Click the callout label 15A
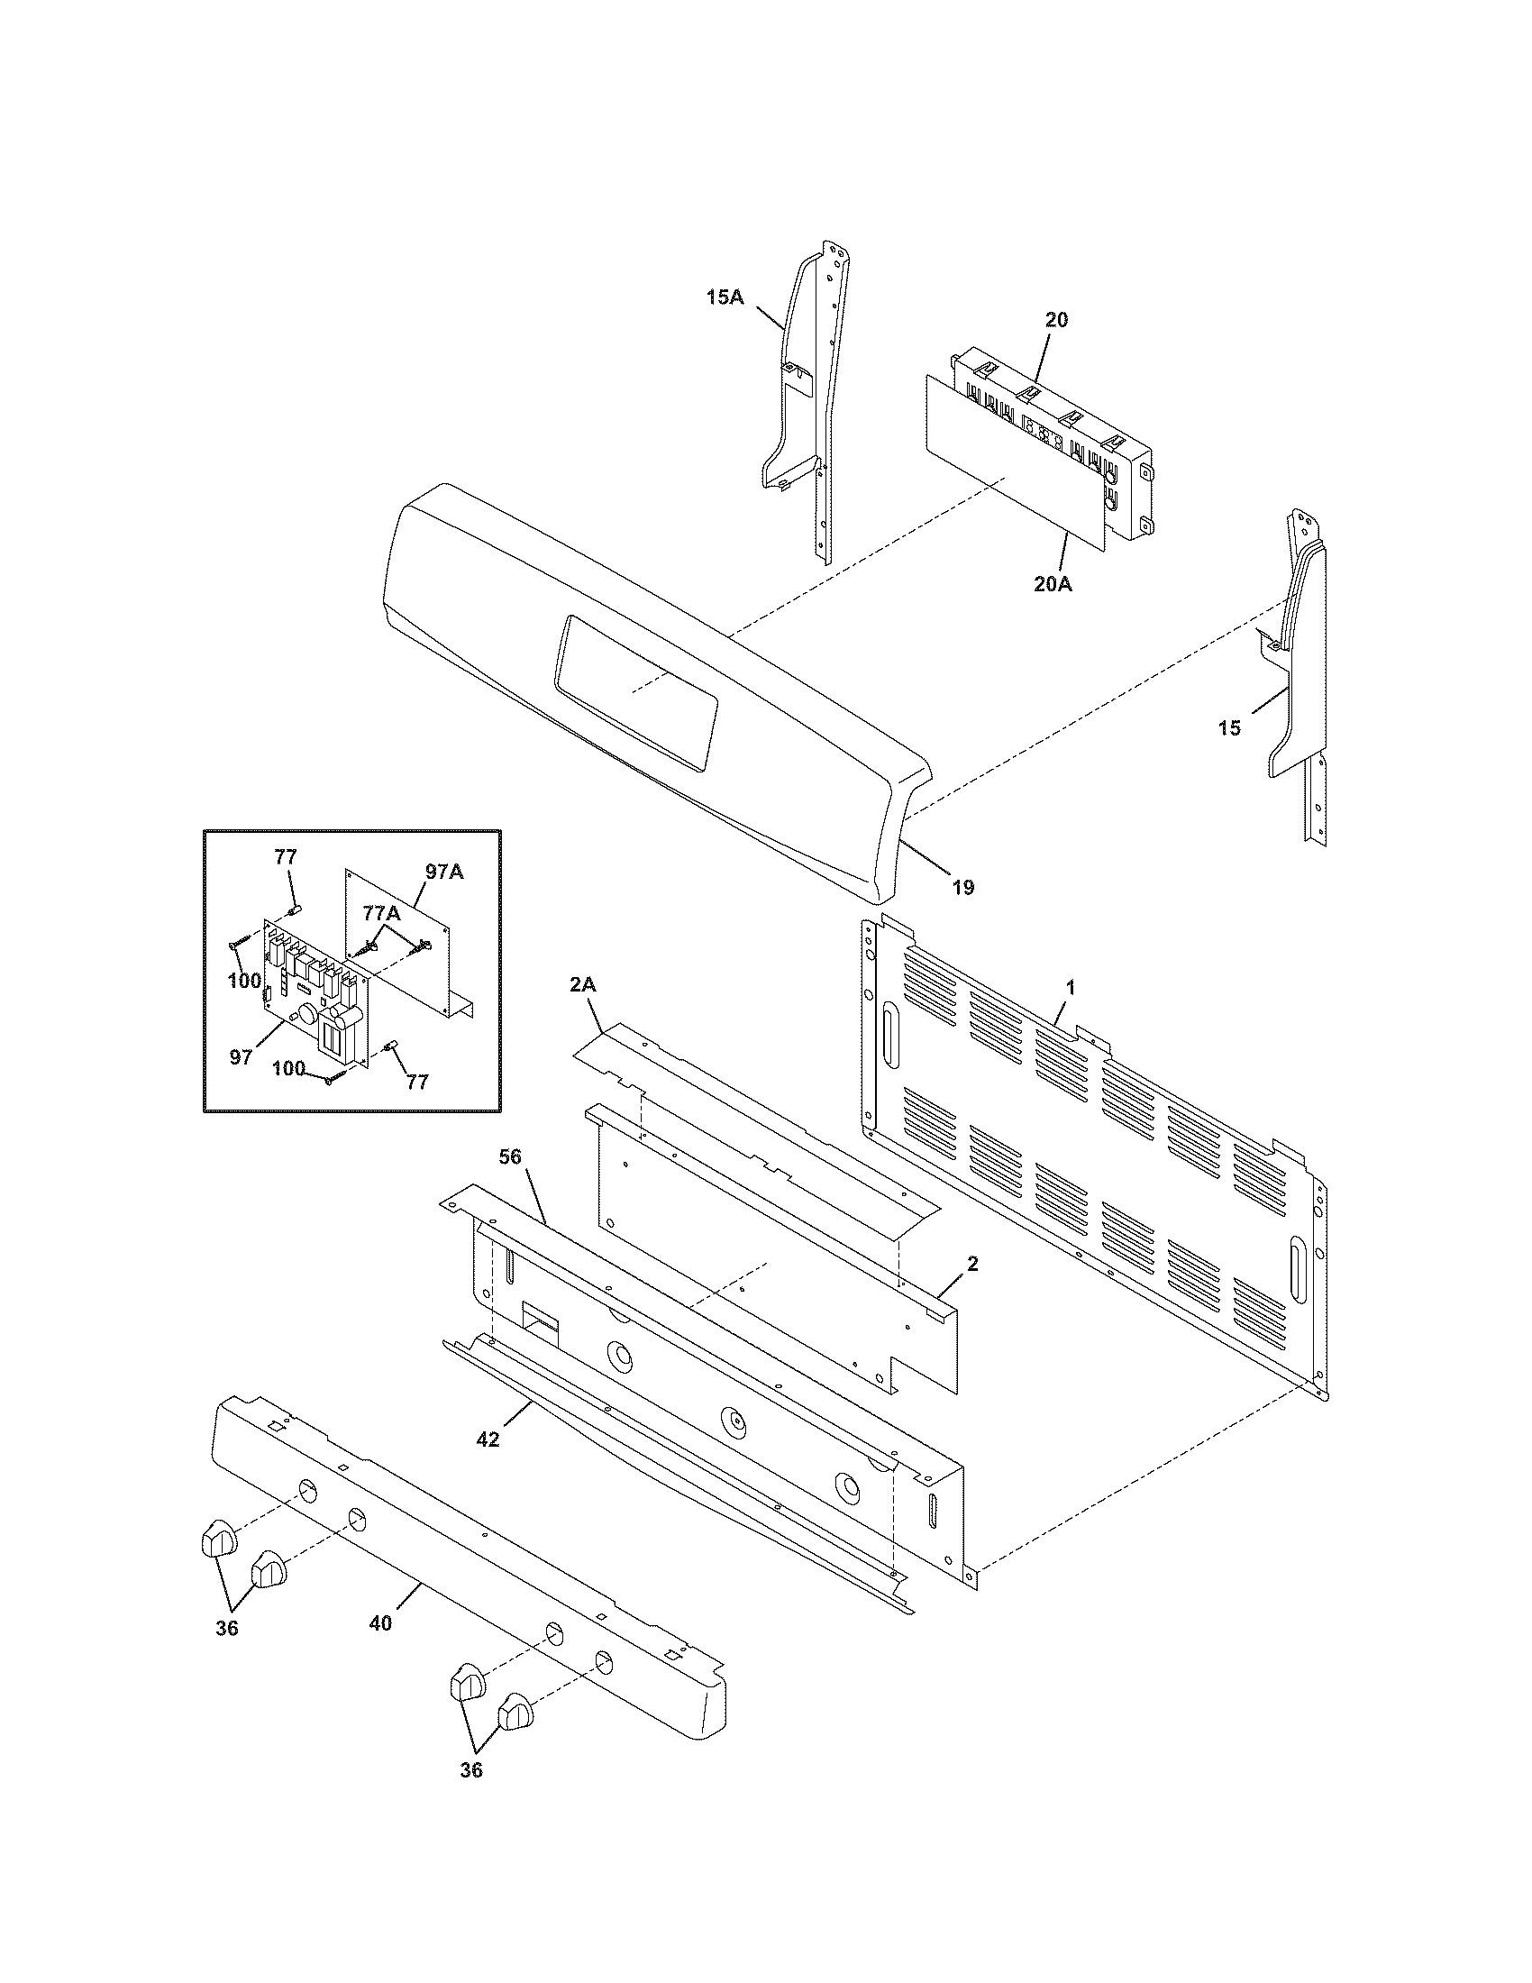coord(725,297)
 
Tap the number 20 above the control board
coord(1056,320)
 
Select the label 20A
coord(1053,585)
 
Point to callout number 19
coord(963,887)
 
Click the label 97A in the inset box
coord(443,872)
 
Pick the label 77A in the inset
coord(380,913)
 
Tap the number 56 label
coord(512,1156)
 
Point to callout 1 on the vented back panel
coord(1070,988)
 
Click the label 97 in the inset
coord(241,1058)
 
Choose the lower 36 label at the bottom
coord(471,1769)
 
